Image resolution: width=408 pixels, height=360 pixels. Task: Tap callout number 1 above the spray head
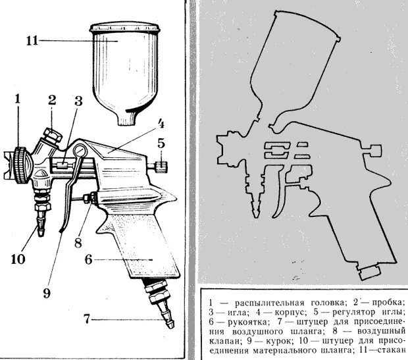coord(18,100)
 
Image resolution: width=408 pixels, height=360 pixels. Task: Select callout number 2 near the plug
coord(52,100)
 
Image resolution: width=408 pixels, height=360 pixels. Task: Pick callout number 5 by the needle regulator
coord(160,141)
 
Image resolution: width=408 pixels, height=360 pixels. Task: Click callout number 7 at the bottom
coord(86,321)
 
